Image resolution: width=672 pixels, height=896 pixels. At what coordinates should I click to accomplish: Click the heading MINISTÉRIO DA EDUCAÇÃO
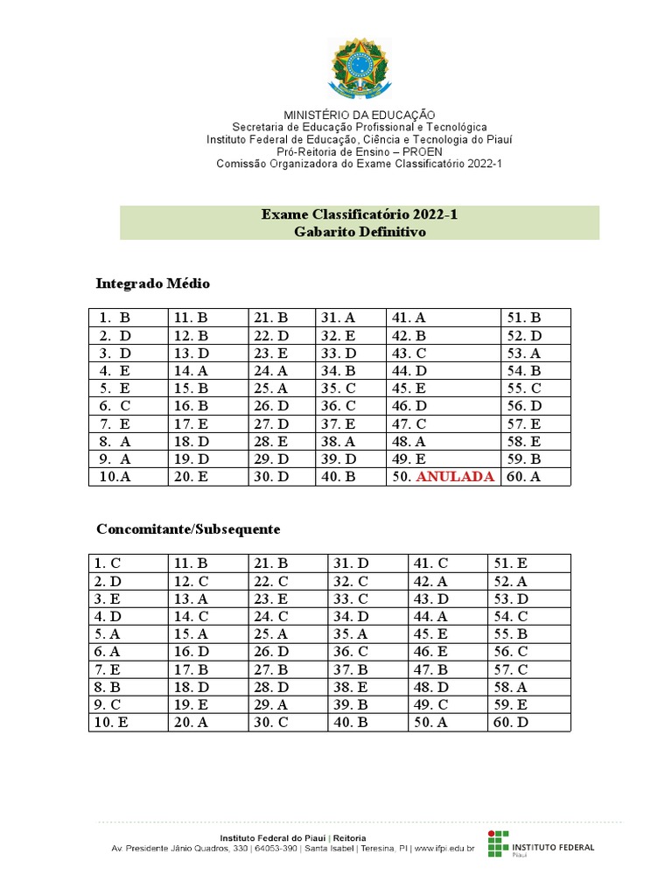(x=359, y=115)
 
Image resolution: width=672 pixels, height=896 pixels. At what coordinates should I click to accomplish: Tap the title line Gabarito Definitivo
(x=359, y=232)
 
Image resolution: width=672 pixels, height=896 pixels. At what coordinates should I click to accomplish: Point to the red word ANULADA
(x=455, y=477)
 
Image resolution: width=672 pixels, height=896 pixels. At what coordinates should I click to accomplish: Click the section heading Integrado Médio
(x=152, y=284)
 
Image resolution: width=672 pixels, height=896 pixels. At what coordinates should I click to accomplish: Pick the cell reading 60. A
(x=523, y=477)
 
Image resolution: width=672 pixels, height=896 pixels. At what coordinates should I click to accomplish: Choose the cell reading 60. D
(x=511, y=722)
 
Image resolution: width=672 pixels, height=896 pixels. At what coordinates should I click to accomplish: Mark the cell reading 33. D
(x=339, y=353)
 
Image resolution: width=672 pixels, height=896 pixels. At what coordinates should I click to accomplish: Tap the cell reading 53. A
(x=523, y=353)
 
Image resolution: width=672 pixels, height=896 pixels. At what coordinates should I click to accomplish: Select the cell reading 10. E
(x=111, y=722)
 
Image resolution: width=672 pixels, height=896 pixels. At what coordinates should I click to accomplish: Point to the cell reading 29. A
(x=270, y=704)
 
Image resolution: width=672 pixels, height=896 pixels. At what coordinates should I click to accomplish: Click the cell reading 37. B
(x=350, y=669)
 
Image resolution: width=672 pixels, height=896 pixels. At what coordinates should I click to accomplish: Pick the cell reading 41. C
(x=430, y=563)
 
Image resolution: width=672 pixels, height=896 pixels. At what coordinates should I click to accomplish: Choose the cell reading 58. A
(x=511, y=687)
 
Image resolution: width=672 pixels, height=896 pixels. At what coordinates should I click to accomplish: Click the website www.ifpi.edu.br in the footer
(x=444, y=848)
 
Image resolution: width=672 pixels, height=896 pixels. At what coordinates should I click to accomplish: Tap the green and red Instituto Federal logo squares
(x=496, y=843)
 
